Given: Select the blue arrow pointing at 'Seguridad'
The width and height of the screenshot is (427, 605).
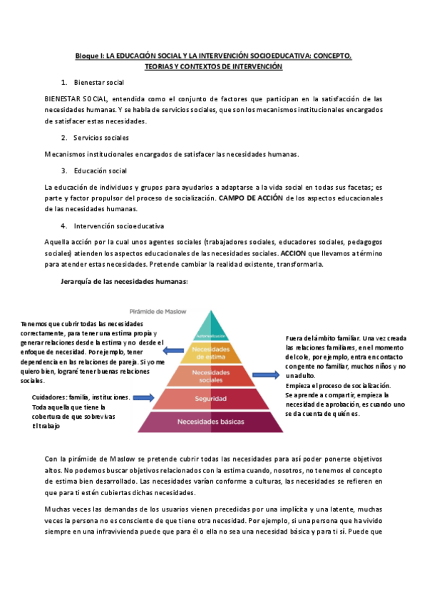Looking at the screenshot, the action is (x=143, y=397).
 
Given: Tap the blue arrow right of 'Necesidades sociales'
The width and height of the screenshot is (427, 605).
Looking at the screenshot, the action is (x=264, y=374).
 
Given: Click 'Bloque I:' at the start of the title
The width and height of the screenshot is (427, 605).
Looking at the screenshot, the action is (x=91, y=55).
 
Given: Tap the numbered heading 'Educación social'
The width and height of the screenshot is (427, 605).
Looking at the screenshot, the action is (x=100, y=171).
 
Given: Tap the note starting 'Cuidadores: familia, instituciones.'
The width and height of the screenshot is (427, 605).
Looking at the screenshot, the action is (x=81, y=397).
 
